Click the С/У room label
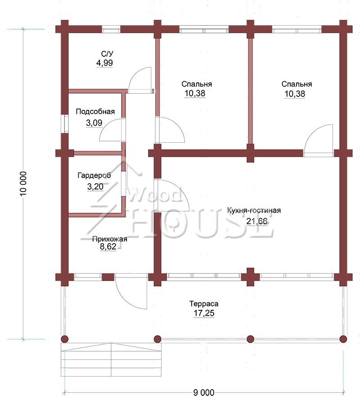point(107,54)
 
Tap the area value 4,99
point(104,63)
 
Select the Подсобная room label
point(95,111)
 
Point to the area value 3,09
point(94,123)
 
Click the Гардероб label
point(94,176)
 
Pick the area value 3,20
point(95,187)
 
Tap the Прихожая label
point(109,239)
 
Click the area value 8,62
point(108,246)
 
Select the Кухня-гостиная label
point(254,210)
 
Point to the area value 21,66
point(257,221)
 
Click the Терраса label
point(204,304)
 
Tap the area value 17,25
point(204,313)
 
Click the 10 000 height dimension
point(23,184)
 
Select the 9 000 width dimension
point(204,392)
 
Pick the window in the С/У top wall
point(111,29)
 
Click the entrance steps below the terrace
point(111,360)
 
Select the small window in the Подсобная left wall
point(66,124)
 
